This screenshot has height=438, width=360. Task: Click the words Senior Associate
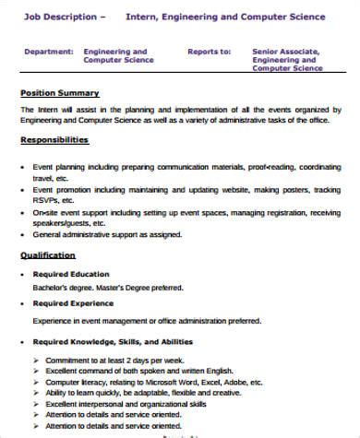coord(282,53)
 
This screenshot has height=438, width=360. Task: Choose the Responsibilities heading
coord(54,140)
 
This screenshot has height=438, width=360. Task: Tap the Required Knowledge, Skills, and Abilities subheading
coord(114,341)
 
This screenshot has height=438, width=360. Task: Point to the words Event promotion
coord(61,189)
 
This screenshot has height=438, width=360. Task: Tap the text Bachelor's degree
coord(59,288)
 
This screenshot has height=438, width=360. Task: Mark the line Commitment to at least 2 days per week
coord(102,357)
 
